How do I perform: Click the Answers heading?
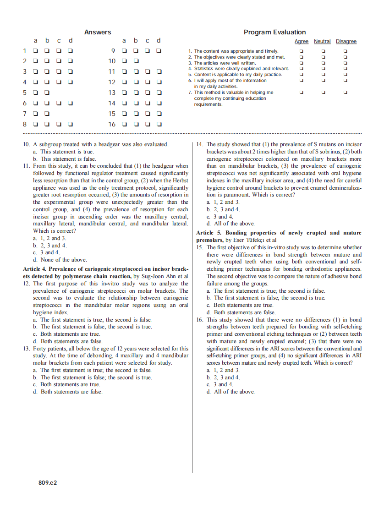(98, 32)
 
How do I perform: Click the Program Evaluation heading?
(274, 32)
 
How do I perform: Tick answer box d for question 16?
(159, 124)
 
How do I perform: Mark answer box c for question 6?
(59, 103)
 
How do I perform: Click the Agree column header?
(301, 42)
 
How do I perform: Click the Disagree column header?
(346, 42)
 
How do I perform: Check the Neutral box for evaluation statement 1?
(323, 51)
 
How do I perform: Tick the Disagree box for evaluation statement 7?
(346, 92)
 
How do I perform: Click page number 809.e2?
(48, 483)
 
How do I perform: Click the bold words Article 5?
(209, 233)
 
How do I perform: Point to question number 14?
(200, 144)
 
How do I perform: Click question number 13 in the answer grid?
(112, 93)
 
